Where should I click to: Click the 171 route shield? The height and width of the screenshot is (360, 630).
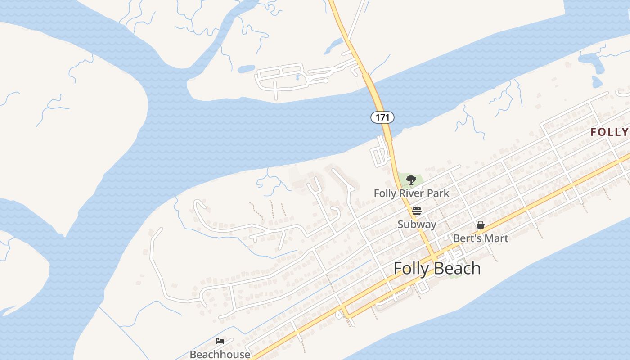click(382, 117)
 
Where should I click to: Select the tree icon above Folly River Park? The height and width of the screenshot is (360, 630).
click(410, 180)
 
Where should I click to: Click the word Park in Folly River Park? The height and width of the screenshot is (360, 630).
click(438, 193)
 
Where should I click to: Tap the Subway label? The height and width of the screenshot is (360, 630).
click(417, 224)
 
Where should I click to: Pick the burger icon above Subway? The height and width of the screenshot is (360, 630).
click(417, 211)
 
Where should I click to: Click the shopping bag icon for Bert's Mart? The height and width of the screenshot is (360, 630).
click(481, 225)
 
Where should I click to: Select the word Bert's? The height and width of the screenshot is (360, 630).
click(467, 238)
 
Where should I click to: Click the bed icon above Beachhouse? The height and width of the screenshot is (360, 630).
click(220, 341)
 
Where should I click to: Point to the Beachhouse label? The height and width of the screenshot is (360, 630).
click(220, 354)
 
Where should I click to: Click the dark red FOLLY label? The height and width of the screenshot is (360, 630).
click(610, 132)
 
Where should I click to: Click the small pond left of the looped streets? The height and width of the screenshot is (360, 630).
click(246, 69)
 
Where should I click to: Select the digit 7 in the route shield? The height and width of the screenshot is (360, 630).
click(382, 117)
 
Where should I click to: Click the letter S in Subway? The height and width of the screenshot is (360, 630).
click(400, 224)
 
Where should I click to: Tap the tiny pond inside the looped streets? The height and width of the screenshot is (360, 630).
click(298, 77)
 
